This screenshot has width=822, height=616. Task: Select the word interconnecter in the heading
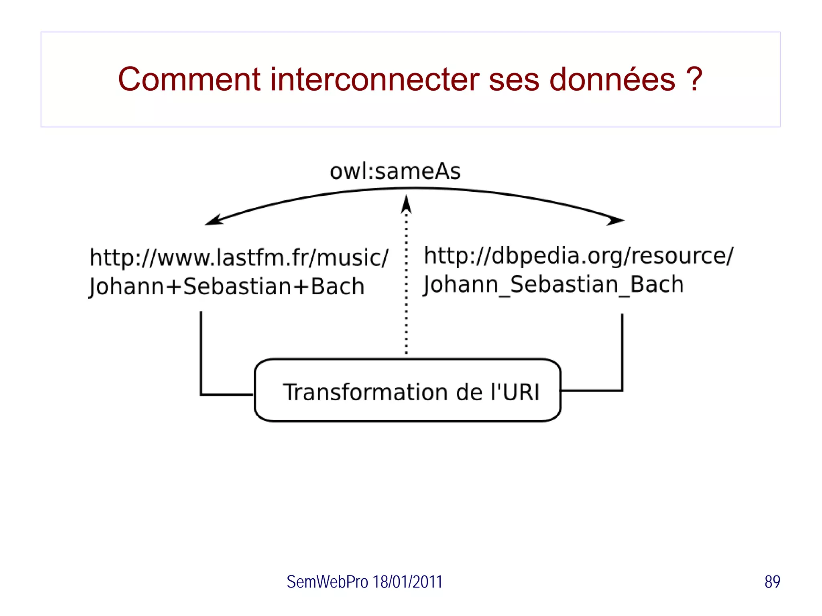click(375, 79)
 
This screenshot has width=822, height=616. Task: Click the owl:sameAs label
click(395, 172)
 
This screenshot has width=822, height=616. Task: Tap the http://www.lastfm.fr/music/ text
click(239, 257)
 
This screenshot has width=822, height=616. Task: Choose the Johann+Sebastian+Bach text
click(227, 286)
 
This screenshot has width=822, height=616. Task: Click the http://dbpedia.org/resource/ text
click(578, 256)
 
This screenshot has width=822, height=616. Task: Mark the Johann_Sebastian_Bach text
click(553, 285)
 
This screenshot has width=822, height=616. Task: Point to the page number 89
click(772, 582)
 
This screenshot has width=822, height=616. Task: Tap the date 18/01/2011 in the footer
click(407, 582)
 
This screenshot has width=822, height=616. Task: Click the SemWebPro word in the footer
click(327, 582)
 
